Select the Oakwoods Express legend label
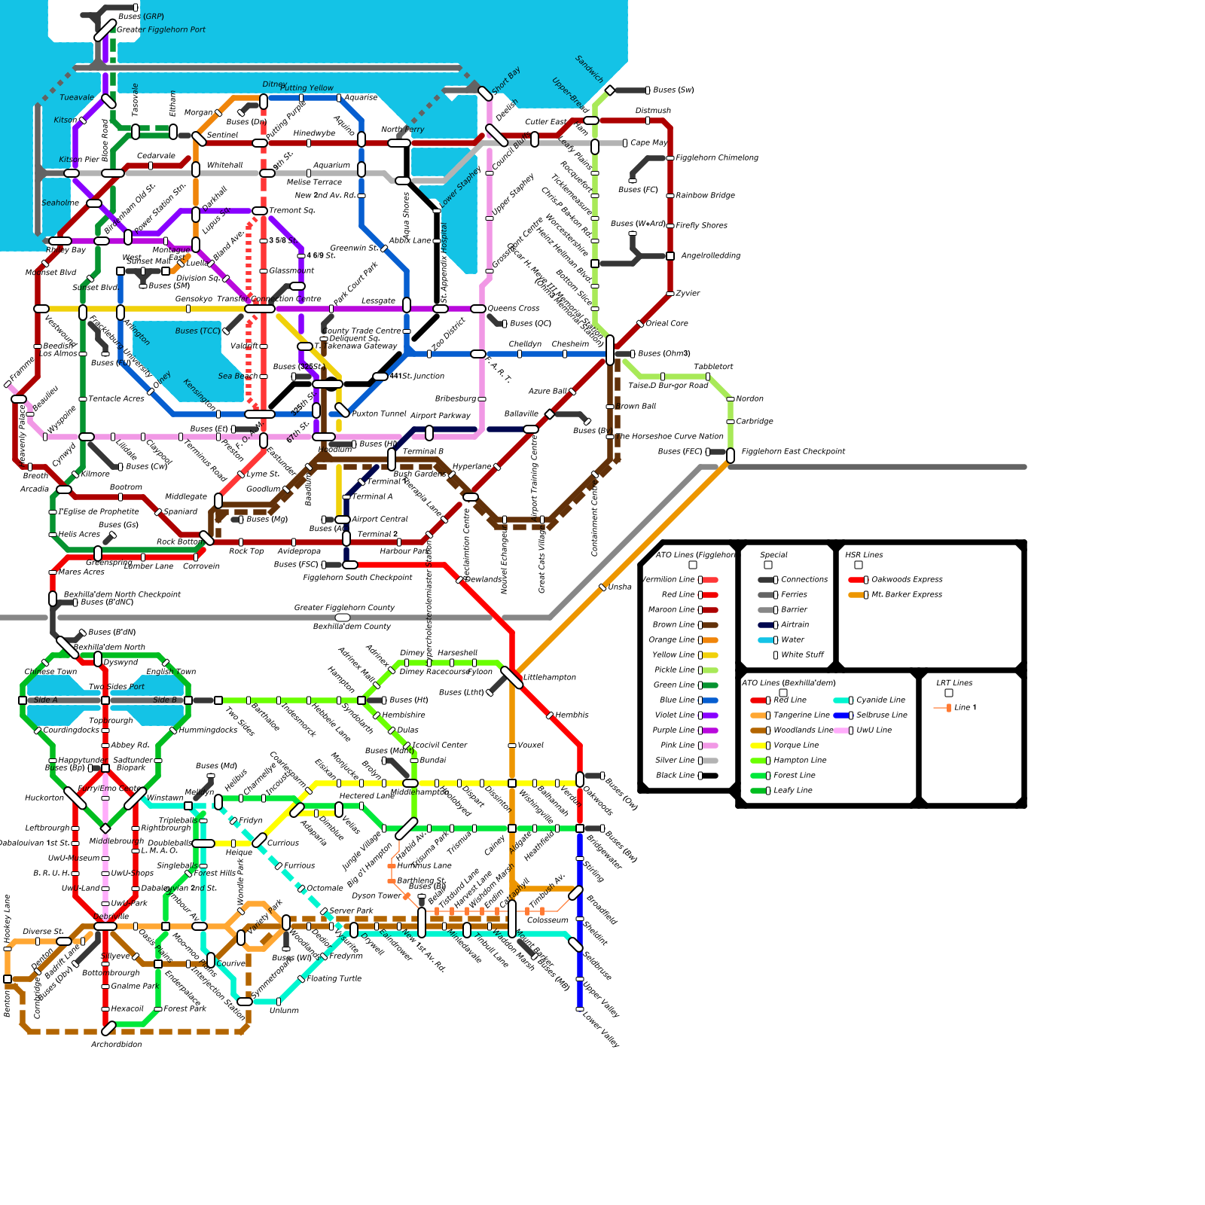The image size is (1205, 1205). pyautogui.click(x=907, y=580)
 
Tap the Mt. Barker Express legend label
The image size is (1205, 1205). pyautogui.click(x=907, y=595)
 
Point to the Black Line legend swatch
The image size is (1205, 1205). pyautogui.click(x=709, y=776)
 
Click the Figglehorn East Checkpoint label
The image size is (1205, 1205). pyautogui.click(x=793, y=452)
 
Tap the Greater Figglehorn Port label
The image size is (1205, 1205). pyautogui.click(x=161, y=30)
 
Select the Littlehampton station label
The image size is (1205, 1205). pyautogui.click(x=550, y=678)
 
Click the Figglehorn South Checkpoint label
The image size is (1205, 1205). pyautogui.click(x=358, y=578)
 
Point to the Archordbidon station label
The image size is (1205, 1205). pyautogui.click(x=116, y=1045)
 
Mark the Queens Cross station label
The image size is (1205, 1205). pyautogui.click(x=514, y=309)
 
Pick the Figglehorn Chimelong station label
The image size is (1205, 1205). pyautogui.click(x=717, y=158)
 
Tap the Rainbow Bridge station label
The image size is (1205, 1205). pyautogui.click(x=705, y=196)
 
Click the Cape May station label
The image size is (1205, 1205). pyautogui.click(x=649, y=143)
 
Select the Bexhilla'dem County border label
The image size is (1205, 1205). pyautogui.click(x=352, y=627)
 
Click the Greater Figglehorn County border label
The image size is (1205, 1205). pyautogui.click(x=344, y=608)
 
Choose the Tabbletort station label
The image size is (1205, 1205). pyautogui.click(x=713, y=367)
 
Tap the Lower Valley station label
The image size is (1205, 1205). pyautogui.click(x=601, y=1030)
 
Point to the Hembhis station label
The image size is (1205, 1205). pyautogui.click(x=572, y=715)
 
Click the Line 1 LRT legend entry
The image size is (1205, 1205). pyautogui.click(x=965, y=708)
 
